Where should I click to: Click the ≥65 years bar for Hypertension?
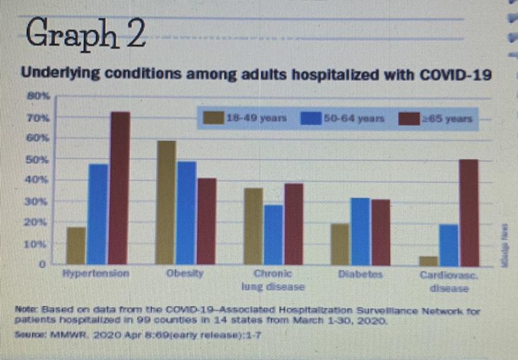[x=120, y=188]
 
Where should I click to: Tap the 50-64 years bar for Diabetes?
[x=361, y=231]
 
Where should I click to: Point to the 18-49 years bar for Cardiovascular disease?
[x=429, y=260]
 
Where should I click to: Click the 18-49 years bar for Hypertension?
[x=77, y=246]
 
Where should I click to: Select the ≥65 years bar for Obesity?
[x=206, y=221]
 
